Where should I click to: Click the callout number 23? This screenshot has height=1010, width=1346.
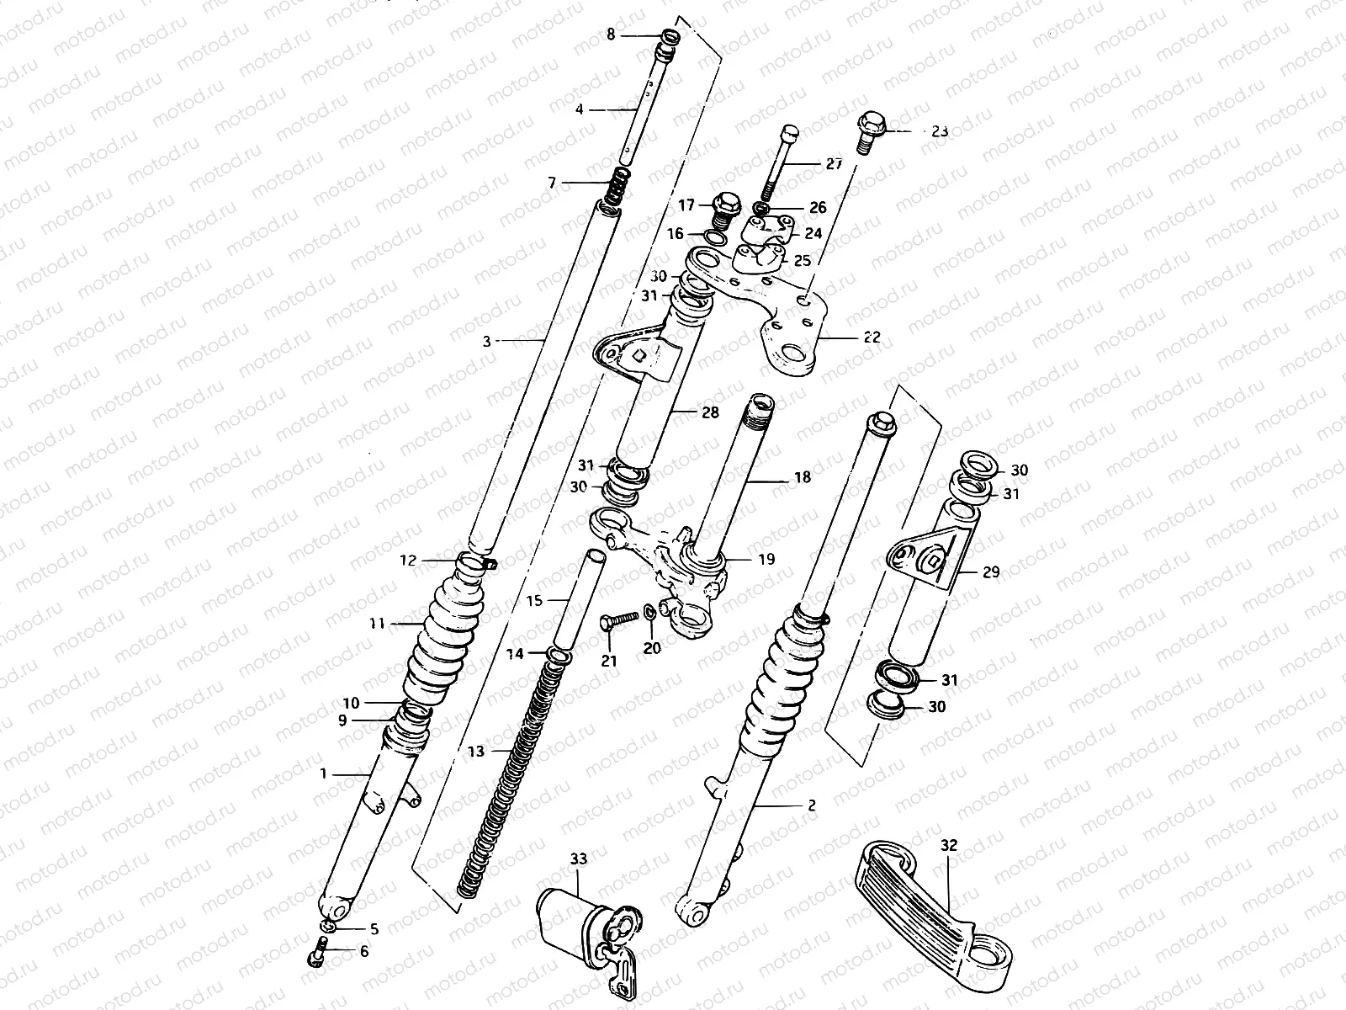[x=940, y=131]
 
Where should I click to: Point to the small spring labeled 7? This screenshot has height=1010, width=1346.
[x=621, y=183]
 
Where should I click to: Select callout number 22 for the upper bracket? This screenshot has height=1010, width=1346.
[x=871, y=338]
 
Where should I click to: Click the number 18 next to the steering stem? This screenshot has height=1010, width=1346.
[x=802, y=477]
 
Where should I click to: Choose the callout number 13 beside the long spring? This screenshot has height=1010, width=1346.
[x=476, y=752]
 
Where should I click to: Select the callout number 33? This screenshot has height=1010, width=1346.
[x=579, y=859]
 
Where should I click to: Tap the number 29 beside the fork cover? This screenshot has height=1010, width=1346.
[x=990, y=572]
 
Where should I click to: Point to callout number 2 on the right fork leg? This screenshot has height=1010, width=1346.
[x=811, y=805]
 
